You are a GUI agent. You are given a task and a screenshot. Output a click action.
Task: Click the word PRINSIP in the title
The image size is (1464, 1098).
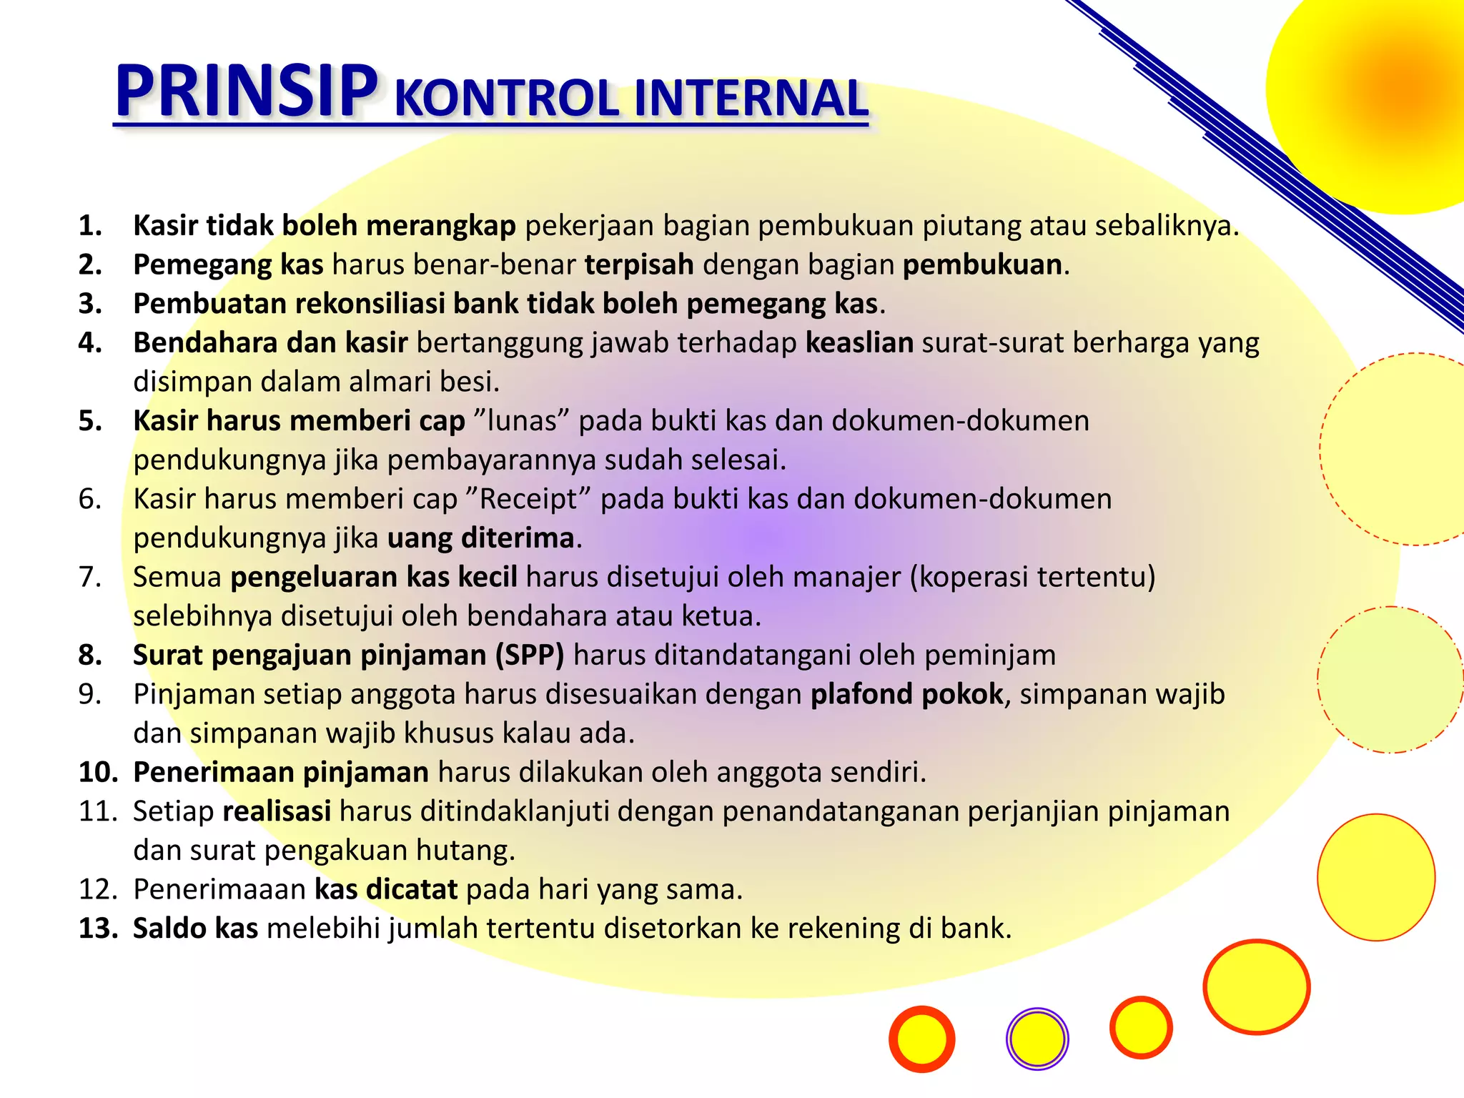(246, 91)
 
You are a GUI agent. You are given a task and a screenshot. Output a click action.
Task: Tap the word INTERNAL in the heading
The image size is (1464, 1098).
(751, 99)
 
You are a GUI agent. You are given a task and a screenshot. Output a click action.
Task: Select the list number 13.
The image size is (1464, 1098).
(98, 928)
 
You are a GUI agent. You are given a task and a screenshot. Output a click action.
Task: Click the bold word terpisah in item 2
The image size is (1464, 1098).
(639, 264)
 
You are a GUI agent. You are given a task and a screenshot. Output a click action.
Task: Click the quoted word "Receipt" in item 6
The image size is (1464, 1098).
(532, 498)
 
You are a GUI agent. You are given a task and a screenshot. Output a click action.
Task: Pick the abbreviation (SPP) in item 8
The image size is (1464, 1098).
(530, 655)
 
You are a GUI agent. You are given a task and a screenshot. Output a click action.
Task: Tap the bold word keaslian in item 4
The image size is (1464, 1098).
(859, 342)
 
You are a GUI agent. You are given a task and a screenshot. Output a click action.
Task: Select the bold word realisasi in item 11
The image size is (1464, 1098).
(277, 811)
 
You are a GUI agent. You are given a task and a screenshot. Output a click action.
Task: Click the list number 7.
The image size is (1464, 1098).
(90, 577)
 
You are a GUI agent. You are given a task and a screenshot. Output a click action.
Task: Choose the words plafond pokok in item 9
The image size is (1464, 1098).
(906, 694)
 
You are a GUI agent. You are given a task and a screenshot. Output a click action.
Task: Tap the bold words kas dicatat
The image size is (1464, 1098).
(386, 889)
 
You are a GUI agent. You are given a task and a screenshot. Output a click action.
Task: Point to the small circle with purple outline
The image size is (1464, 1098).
(1037, 1039)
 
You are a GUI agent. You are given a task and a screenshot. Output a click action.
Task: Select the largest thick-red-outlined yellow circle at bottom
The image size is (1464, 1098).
(1256, 986)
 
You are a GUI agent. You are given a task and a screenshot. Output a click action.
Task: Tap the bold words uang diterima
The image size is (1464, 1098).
(480, 538)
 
